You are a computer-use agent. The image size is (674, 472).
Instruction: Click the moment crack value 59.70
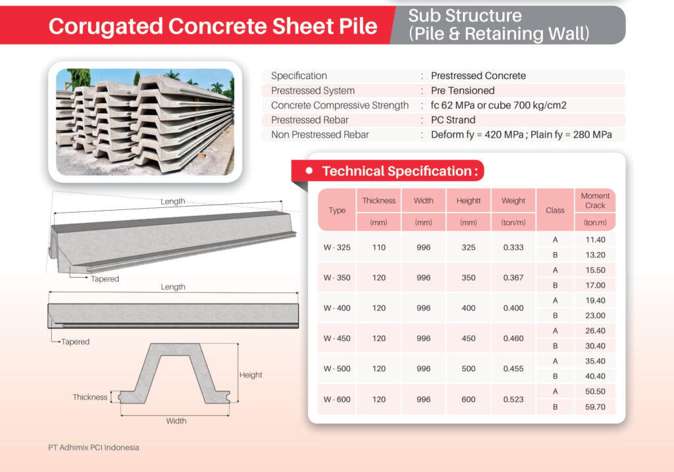point(595,407)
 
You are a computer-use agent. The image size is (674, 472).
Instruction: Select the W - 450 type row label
point(337,338)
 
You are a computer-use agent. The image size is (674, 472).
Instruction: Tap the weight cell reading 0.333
point(513,247)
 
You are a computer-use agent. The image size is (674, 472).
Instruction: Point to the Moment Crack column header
point(595,200)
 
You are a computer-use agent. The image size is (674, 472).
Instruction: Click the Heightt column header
point(469,201)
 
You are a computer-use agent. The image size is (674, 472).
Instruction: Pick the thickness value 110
point(378,247)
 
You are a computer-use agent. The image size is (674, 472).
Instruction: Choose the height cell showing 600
point(469,400)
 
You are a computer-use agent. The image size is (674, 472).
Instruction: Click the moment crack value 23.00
point(595,315)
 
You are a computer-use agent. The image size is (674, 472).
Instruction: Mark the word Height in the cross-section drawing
point(251,375)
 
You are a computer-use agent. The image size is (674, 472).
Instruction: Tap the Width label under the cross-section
point(176,421)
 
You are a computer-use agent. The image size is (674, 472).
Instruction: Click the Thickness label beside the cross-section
point(90,397)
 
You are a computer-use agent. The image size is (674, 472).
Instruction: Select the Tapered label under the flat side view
point(75,342)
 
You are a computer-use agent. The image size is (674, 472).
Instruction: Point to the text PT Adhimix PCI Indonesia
point(93,448)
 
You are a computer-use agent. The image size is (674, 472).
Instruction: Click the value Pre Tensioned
point(463,91)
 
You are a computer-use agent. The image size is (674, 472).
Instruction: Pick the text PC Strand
point(453,120)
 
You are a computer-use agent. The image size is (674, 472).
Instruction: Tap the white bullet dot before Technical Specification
point(309,170)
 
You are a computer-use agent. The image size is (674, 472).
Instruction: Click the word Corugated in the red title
point(105,26)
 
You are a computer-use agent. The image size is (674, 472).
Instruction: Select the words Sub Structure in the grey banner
point(465,16)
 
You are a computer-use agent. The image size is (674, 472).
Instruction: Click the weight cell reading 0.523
point(513,400)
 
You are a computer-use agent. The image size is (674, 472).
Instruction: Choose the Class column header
point(555,210)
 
